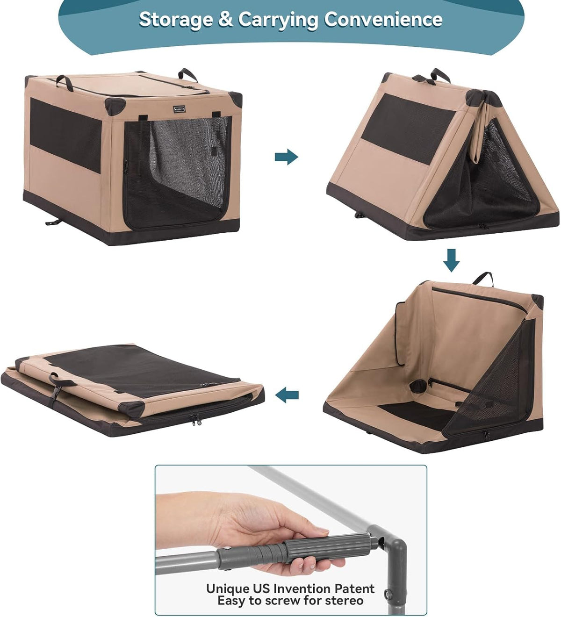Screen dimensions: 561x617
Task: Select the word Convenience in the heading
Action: point(383,19)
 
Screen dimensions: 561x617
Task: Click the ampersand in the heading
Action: point(225,19)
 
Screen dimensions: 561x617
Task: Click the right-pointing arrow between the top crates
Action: point(286,157)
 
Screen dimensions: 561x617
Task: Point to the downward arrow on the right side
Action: point(452,260)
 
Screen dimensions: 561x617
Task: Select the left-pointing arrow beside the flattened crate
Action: point(287,395)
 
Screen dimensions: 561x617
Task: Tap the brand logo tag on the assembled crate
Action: point(179,109)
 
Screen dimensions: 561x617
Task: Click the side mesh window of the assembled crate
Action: point(65,136)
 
